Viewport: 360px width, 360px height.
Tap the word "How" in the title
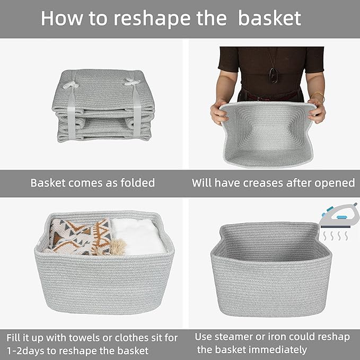click(x=59, y=18)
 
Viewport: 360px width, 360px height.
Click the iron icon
click(x=339, y=215)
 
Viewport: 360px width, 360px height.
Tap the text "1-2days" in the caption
click(x=27, y=350)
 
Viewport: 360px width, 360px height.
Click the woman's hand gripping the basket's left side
click(x=219, y=112)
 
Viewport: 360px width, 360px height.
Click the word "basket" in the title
click(x=269, y=18)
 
